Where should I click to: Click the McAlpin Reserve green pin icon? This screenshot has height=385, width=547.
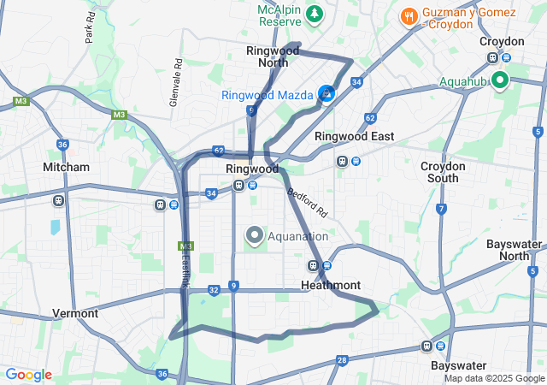click(315, 13)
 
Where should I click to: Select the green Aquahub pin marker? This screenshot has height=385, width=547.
click(498, 80)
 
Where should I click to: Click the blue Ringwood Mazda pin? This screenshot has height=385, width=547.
click(326, 93)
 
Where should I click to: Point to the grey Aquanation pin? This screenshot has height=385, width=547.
click(254, 235)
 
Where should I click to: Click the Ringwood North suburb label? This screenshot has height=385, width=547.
click(273, 56)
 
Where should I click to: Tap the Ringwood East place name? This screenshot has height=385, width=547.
click(354, 136)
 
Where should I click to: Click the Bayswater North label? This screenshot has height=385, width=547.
click(515, 250)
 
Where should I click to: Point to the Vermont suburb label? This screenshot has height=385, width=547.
click(74, 313)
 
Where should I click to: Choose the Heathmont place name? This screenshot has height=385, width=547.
click(331, 284)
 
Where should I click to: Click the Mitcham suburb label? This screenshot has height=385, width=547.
click(66, 167)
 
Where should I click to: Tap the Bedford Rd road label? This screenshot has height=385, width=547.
click(307, 202)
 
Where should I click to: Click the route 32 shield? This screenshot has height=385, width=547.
click(214, 291)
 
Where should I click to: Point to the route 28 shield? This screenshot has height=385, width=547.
click(341, 360)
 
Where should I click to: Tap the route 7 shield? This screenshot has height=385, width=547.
click(441, 209)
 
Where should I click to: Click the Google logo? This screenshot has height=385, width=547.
click(28, 375)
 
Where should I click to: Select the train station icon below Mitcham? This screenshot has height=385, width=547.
click(58, 201)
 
